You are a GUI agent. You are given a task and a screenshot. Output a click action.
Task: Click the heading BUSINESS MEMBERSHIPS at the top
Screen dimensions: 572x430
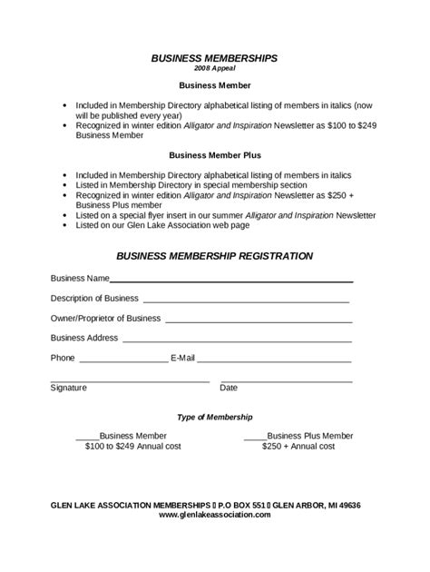[214, 57]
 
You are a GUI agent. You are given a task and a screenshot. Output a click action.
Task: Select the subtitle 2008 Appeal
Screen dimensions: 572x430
[214, 68]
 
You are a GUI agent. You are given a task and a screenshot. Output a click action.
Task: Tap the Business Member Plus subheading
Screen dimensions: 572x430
[214, 155]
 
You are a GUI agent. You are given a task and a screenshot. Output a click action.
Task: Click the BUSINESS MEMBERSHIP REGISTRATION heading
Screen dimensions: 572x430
[214, 256]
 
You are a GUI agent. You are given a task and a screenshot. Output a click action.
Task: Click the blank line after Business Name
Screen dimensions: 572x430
[231, 281]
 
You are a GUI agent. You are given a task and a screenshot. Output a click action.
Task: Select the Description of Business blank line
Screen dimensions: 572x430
[246, 301]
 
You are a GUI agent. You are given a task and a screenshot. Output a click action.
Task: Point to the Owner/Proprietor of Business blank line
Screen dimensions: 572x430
[259, 321]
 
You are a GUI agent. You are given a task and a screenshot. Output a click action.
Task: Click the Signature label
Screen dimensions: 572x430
[69, 388]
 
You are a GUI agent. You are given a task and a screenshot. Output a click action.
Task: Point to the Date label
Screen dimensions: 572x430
[229, 388]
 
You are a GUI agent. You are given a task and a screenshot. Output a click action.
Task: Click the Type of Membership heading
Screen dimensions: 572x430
[214, 417]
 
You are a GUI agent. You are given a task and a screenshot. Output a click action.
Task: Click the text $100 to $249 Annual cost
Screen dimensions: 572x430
[133, 447]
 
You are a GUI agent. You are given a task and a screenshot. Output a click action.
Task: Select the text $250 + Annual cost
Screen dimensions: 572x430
[298, 447]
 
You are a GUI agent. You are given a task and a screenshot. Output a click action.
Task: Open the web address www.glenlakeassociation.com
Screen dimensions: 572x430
[215, 515]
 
